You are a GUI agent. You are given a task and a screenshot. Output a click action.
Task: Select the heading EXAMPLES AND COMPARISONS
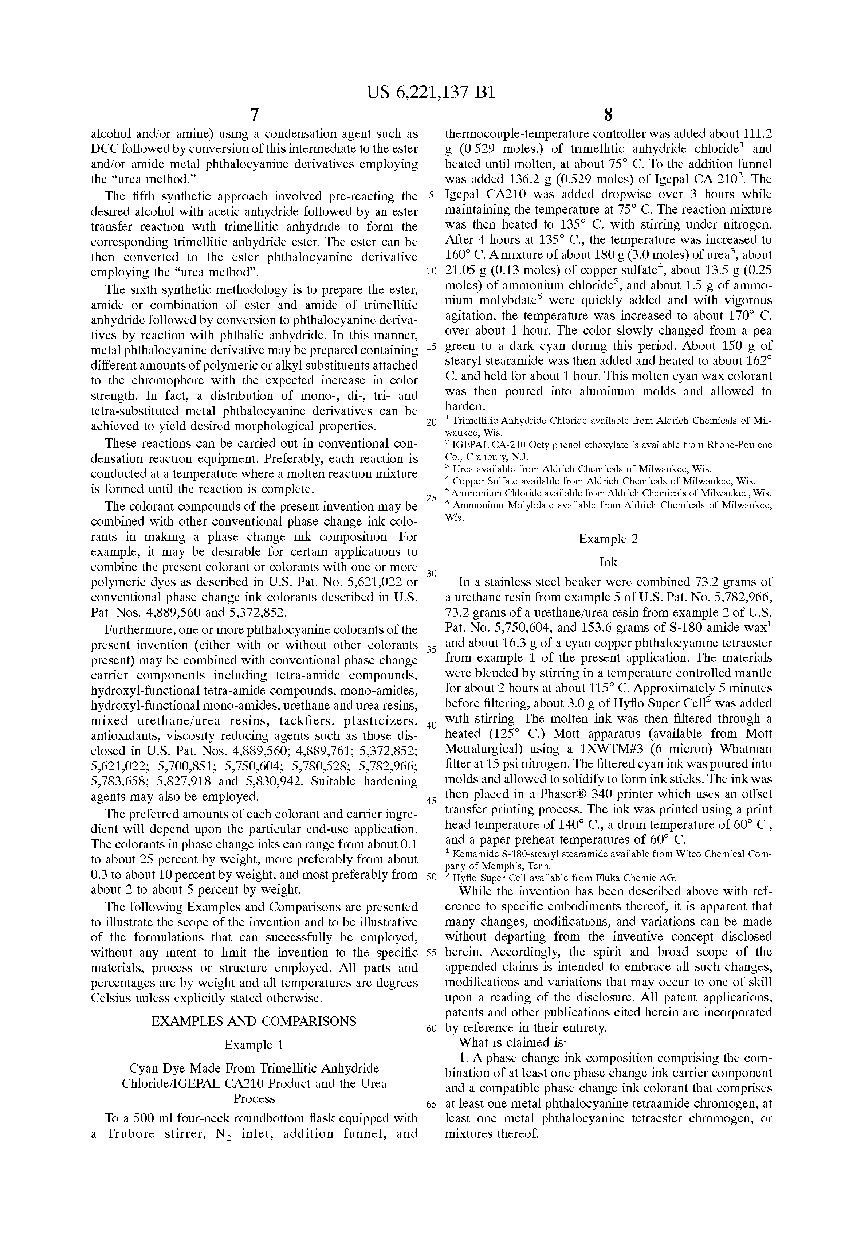pos(254,1021)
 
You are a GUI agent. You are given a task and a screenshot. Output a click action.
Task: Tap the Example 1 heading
pos(254,1044)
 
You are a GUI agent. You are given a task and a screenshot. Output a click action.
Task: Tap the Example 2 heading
pos(608,539)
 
